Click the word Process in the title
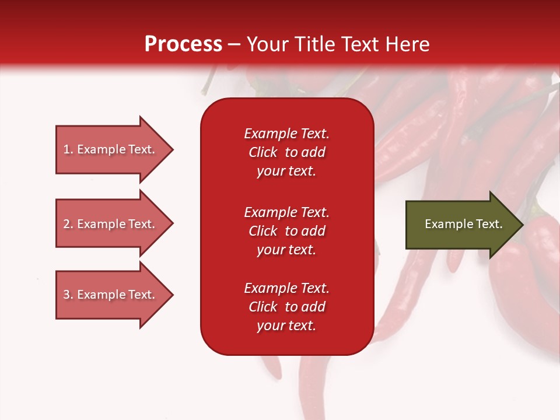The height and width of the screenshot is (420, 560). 183,44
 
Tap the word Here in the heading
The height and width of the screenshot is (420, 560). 408,44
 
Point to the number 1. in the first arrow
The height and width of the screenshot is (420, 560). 68,149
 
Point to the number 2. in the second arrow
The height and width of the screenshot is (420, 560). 68,224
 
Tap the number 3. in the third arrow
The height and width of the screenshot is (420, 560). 68,295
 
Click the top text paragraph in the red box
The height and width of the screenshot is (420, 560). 286,152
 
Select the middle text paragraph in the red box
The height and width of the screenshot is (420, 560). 286,231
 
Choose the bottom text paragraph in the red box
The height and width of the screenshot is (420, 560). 286,307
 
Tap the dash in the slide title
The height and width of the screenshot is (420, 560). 234,44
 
